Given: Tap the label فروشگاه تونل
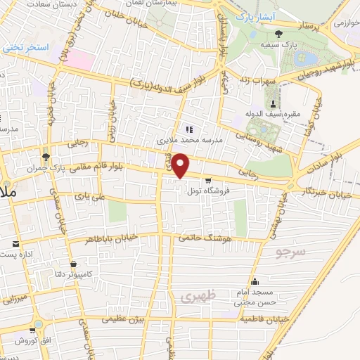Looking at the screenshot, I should (x=205, y=191).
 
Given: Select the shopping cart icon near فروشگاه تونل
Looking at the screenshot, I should (x=207, y=180).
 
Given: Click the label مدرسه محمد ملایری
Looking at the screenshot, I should (x=188, y=140).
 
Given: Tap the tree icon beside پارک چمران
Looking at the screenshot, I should (x=46, y=156).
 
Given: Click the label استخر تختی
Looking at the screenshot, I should (x=26, y=48).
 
